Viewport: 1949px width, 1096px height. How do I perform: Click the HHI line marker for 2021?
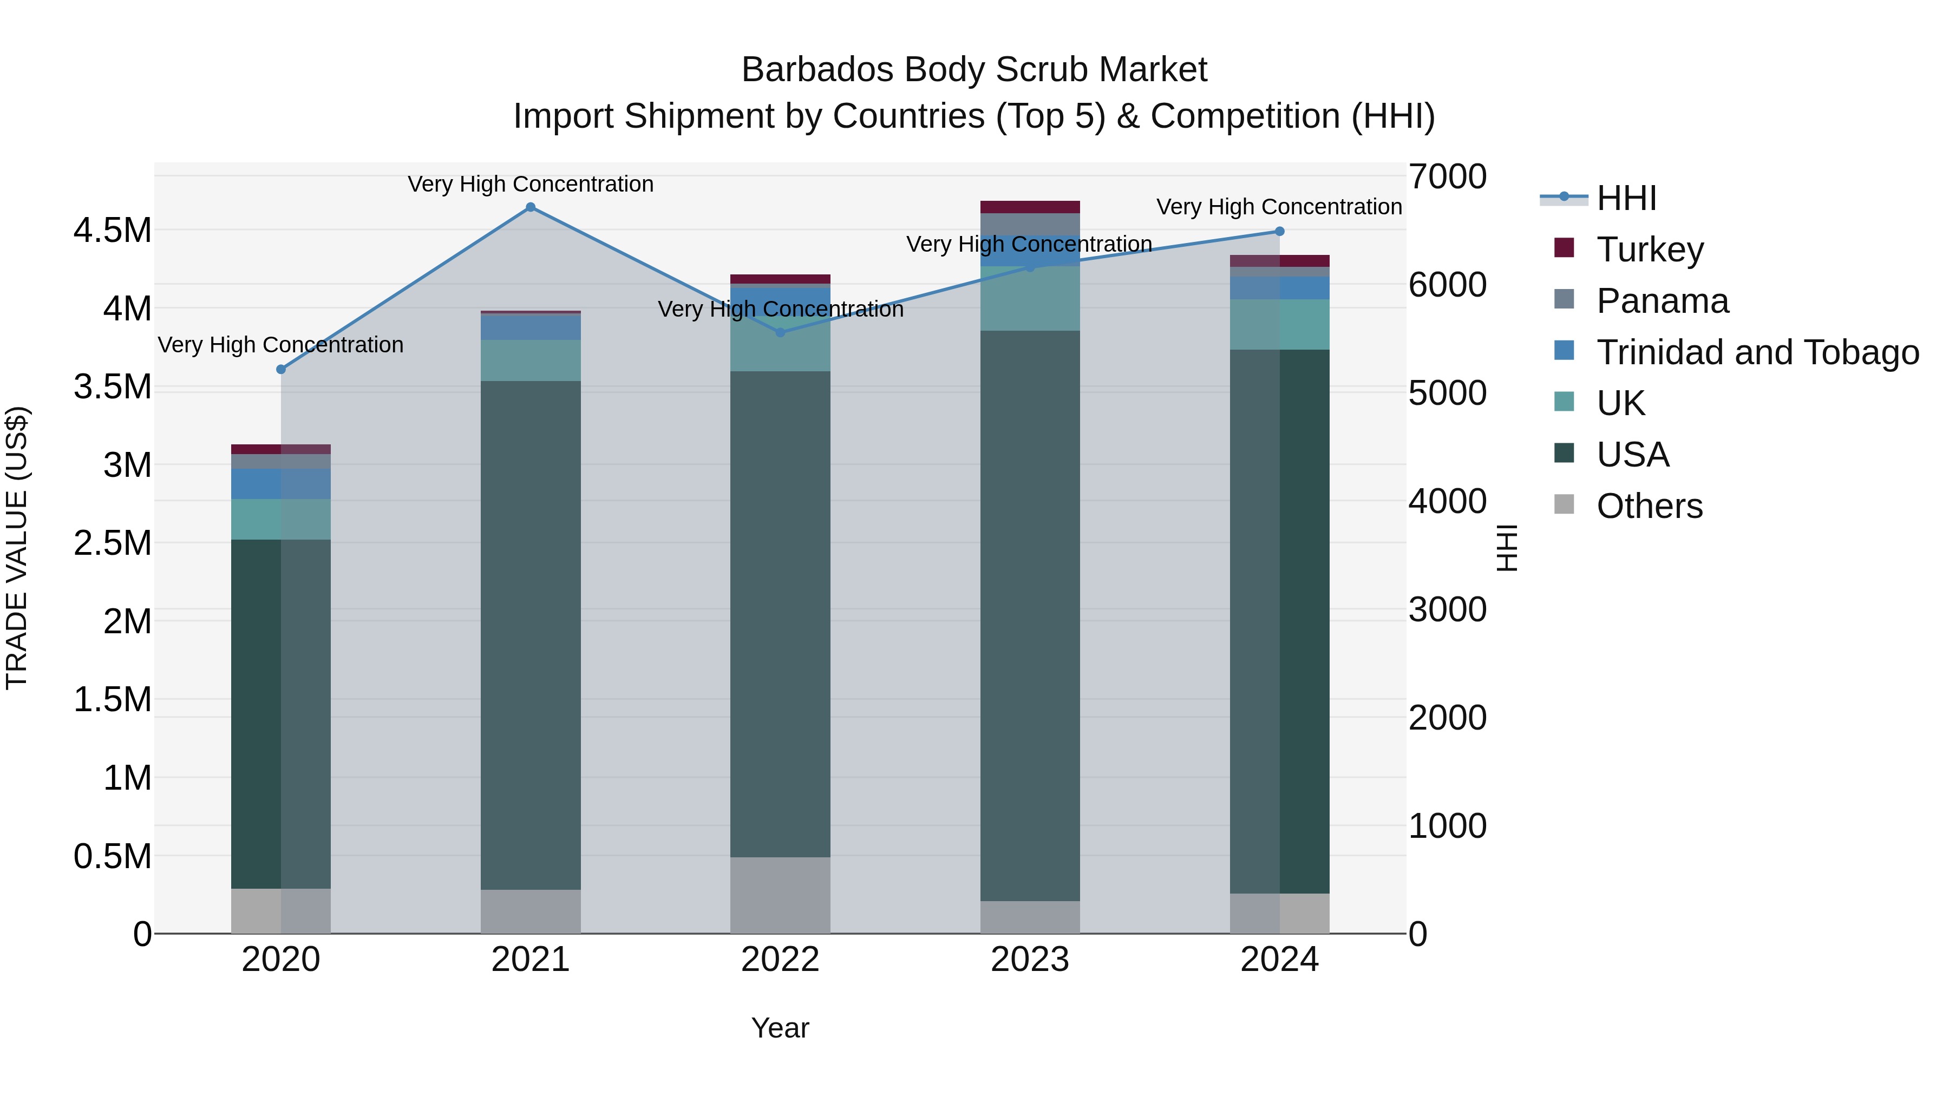click(x=531, y=207)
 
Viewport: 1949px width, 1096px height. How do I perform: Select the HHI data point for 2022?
click(x=781, y=332)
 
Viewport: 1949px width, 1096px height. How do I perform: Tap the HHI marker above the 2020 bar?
click(x=280, y=369)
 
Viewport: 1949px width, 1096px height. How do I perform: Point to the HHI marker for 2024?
click(x=1279, y=232)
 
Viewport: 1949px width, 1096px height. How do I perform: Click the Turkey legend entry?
click(x=1650, y=249)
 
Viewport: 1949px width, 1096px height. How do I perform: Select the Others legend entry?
click(x=1650, y=506)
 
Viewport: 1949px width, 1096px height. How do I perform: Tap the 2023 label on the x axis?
click(x=1030, y=960)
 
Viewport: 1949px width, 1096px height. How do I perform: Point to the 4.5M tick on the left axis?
click(x=113, y=230)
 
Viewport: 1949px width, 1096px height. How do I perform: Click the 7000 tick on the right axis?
click(x=1447, y=176)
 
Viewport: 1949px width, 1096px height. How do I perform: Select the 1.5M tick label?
click(x=113, y=700)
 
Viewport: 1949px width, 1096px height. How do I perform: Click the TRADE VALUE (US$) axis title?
click(x=17, y=548)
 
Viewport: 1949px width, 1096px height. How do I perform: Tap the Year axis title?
click(x=780, y=1028)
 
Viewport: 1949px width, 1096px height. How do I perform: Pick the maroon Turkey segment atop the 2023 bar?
click(x=1030, y=207)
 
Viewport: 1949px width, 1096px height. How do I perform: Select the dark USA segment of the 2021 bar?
click(x=531, y=635)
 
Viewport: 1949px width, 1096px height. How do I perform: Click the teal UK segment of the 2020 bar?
click(x=280, y=519)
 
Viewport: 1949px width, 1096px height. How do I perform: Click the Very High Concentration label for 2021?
click(x=531, y=184)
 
